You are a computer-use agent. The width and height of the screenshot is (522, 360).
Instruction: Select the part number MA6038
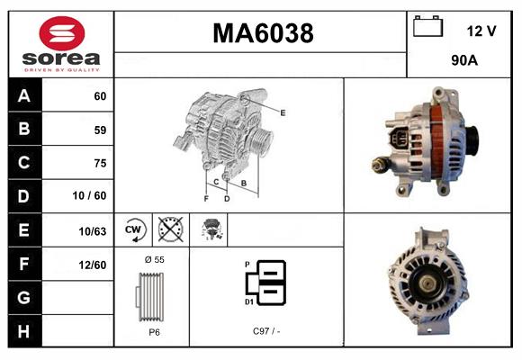click(x=262, y=33)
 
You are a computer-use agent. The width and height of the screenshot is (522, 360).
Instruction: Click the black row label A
click(x=23, y=96)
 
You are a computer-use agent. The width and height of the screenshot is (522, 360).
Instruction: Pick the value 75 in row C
click(x=100, y=164)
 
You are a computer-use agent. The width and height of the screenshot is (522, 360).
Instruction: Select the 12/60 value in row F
click(x=93, y=265)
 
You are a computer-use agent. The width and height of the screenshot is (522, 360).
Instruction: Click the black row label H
click(x=23, y=331)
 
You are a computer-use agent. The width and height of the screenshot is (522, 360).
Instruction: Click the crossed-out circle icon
click(x=169, y=230)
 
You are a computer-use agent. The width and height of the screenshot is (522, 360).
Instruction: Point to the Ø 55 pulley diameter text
click(x=153, y=259)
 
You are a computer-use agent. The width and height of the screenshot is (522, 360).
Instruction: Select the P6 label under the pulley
click(x=154, y=332)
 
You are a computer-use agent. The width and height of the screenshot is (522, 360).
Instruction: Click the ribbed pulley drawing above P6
click(x=153, y=295)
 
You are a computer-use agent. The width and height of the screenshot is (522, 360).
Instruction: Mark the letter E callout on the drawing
click(x=283, y=112)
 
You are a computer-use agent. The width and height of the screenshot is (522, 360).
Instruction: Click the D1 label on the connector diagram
click(x=249, y=302)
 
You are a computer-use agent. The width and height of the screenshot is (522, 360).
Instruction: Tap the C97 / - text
click(x=266, y=332)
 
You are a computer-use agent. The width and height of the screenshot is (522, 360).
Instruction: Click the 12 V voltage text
click(x=481, y=31)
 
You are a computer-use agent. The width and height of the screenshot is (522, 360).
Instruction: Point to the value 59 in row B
click(x=100, y=130)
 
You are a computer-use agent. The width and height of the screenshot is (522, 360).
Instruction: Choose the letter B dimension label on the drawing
click(x=244, y=183)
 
